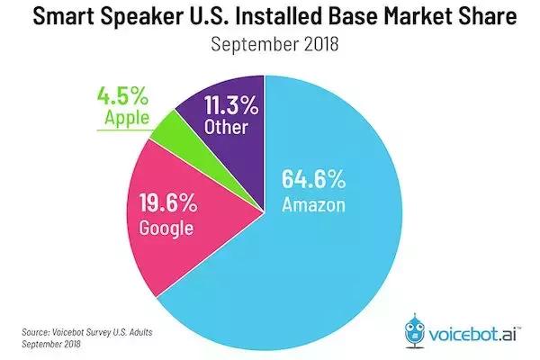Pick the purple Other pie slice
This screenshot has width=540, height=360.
[225, 117]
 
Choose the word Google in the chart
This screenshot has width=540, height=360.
[167, 228]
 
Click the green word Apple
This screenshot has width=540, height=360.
[121, 118]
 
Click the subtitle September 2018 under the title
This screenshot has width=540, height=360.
[269, 45]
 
